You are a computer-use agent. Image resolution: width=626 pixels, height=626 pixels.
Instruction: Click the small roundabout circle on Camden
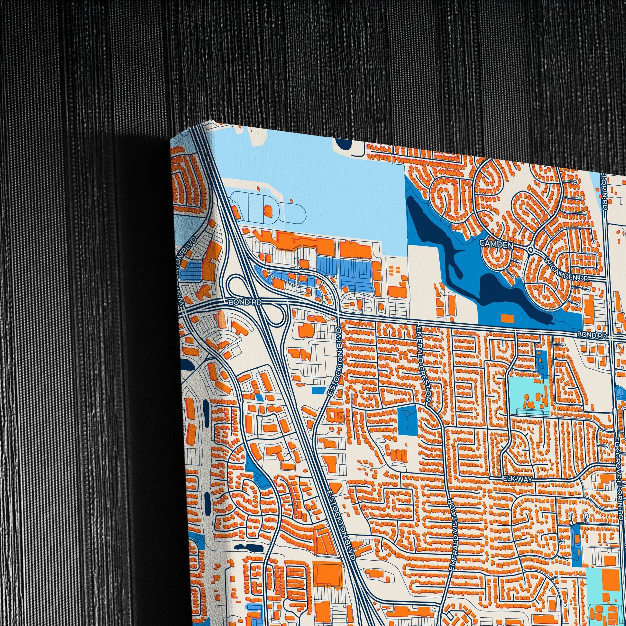pyautogui.click(x=530, y=250)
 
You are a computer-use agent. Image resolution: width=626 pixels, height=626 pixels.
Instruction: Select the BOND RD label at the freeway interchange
pyautogui.click(x=240, y=302)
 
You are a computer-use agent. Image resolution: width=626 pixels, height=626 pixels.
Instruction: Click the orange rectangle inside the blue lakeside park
pyautogui.click(x=507, y=318)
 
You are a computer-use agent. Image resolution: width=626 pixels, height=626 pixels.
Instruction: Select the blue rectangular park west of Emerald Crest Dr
pyautogui.click(x=407, y=420)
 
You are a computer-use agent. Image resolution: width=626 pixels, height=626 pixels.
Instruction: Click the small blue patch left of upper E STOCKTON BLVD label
pyautogui.click(x=319, y=390)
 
